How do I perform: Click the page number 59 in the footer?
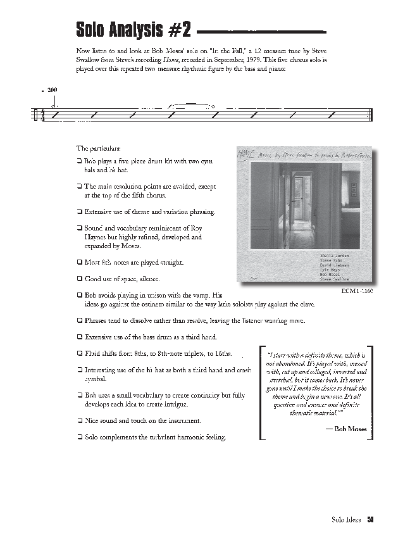click(x=371, y=520)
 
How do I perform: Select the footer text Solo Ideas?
click(x=345, y=520)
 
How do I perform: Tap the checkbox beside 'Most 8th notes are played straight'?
click(x=79, y=262)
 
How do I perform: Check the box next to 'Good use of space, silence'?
click(x=79, y=279)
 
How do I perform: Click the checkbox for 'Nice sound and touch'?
click(x=79, y=420)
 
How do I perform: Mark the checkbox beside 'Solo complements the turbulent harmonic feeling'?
click(x=79, y=437)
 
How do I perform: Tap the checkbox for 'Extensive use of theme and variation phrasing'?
click(x=79, y=211)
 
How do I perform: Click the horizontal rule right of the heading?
click(x=263, y=30)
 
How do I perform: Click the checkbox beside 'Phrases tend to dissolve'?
click(x=79, y=320)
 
